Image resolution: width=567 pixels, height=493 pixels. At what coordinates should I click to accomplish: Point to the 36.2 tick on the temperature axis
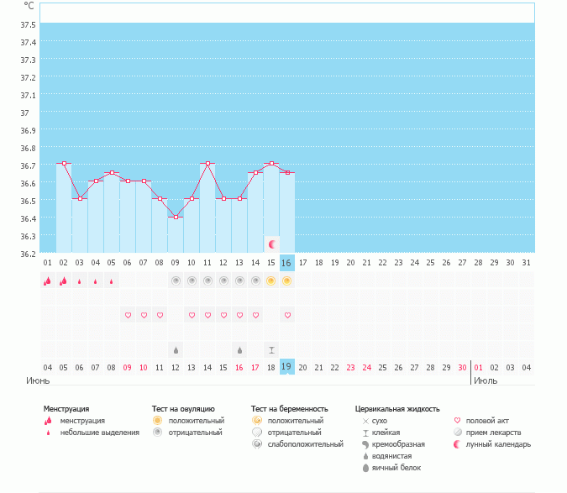click(x=29, y=254)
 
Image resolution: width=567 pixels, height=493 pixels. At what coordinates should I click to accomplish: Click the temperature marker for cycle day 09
click(x=176, y=217)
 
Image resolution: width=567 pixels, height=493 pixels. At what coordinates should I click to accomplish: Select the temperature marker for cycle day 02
click(x=64, y=163)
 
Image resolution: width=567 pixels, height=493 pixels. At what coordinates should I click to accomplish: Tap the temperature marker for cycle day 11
click(x=207, y=163)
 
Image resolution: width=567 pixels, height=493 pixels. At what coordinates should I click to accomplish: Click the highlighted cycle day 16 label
click(x=287, y=263)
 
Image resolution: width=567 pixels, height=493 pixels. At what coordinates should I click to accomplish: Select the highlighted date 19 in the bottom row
click(x=287, y=366)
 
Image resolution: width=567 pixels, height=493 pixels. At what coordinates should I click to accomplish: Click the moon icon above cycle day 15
click(x=271, y=244)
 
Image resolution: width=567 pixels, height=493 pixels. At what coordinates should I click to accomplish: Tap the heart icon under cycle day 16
click(x=287, y=315)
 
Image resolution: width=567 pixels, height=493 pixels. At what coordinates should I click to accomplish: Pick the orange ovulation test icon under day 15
click(x=271, y=281)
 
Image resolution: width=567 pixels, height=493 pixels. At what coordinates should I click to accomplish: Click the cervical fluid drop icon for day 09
click(x=176, y=349)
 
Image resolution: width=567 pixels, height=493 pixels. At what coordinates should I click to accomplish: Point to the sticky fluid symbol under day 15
click(x=271, y=349)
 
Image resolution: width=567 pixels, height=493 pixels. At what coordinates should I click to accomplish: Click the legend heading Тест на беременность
click(x=289, y=409)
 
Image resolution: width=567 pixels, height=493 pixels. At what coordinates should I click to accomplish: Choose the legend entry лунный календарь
click(x=500, y=444)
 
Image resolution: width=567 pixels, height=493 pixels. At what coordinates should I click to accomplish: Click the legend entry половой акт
click(x=488, y=421)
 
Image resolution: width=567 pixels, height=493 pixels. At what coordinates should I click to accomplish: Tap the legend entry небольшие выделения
click(x=99, y=433)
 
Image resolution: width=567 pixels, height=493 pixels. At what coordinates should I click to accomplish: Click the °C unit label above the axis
click(x=29, y=5)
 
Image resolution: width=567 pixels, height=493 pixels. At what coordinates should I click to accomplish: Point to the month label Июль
click(x=485, y=380)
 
